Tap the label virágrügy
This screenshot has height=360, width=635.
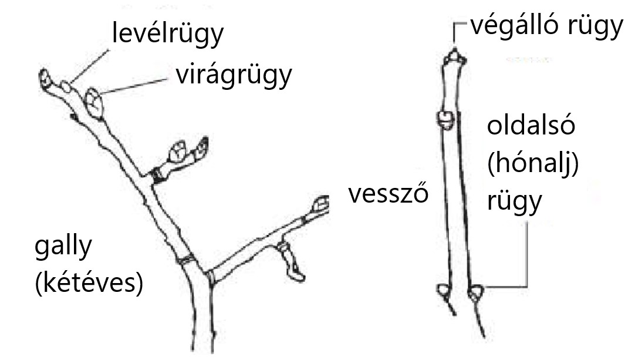coord(234,75)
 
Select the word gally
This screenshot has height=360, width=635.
coord(63,247)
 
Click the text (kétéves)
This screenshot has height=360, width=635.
coord(89,282)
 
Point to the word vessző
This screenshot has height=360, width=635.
coord(388,193)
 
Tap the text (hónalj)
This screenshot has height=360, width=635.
coord(533,164)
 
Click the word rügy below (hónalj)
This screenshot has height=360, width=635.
coord(514,201)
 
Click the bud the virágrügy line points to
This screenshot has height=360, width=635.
coord(94,103)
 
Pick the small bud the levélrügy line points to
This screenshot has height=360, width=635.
coord(66,86)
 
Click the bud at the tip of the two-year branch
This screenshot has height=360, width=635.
coord(45,79)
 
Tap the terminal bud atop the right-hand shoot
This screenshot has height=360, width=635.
coord(455,57)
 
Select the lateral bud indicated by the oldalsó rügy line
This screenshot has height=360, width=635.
coord(476,292)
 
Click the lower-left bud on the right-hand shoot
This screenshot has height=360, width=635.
coord(444,291)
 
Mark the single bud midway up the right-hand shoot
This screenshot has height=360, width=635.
coord(446,120)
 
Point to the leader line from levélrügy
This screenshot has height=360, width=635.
coord(90,66)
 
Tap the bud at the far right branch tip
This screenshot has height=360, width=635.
coord(321,204)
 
